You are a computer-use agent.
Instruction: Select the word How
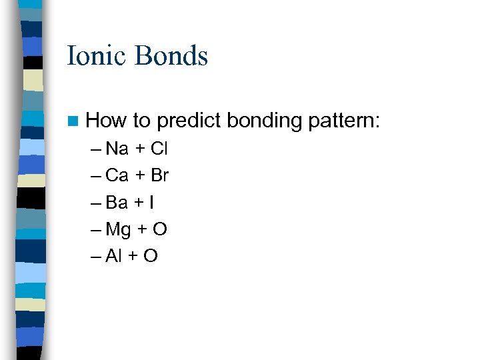107,121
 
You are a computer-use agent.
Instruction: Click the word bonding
265,121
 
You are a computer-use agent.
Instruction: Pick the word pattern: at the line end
344,121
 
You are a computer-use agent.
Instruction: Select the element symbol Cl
159,149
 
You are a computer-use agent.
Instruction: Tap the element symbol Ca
117,176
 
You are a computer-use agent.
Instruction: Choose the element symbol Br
160,176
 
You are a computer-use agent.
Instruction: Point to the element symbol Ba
117,203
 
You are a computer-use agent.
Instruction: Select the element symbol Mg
119,230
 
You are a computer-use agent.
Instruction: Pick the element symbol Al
113,257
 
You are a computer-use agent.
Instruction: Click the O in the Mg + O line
160,230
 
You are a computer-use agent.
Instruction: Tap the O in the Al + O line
150,257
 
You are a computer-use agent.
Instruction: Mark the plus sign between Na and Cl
140,149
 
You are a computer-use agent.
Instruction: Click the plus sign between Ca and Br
140,176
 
